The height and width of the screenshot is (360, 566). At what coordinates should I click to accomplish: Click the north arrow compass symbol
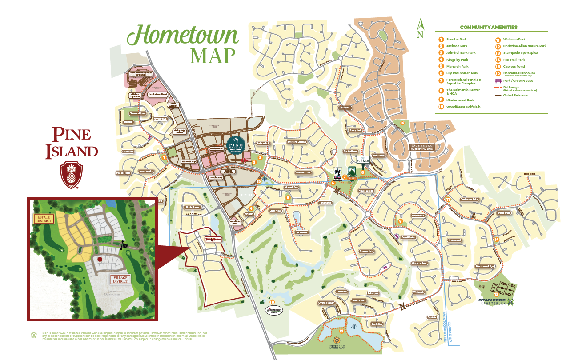pyautogui.click(x=420, y=28)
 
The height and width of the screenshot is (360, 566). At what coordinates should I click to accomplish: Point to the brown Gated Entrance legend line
pyautogui.click(x=498, y=96)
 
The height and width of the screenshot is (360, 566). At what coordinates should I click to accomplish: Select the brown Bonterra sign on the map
pyautogui.click(x=421, y=147)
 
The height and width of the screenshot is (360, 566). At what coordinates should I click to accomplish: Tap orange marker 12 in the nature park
pyautogui.click(x=341, y=331)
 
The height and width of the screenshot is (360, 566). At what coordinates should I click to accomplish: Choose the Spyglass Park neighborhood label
pyautogui.click(x=365, y=251)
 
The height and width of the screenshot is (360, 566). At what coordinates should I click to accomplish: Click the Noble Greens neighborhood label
pyautogui.click(x=193, y=207)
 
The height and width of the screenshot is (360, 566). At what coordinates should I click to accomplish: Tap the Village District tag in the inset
pyautogui.click(x=120, y=279)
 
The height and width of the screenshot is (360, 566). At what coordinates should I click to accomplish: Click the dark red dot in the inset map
pyautogui.click(x=100, y=258)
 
